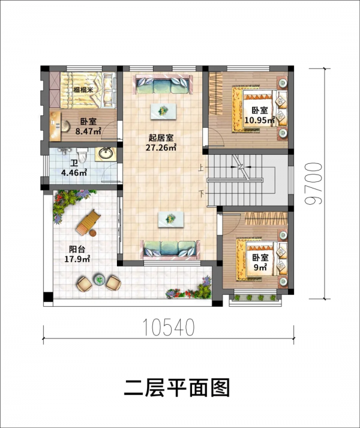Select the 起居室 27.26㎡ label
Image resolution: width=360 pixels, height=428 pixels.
coord(162,142)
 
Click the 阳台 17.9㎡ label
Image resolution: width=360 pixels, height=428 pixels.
coord(79,255)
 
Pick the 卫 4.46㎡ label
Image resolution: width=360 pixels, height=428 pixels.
coord(74,168)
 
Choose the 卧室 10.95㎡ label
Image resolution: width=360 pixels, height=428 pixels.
coord(259,115)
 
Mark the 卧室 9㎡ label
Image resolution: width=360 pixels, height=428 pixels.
coord(259,262)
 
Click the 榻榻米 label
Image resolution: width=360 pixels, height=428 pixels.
coord(83,91)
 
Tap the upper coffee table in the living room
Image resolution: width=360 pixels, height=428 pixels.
coord(164,110)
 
